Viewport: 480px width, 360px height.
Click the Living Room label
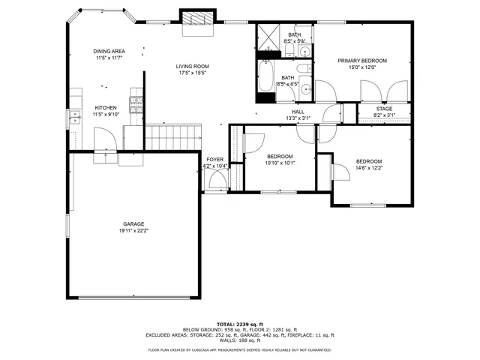click(x=193, y=66)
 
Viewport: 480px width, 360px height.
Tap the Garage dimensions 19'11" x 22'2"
click(x=134, y=231)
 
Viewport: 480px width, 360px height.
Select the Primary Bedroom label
click(x=361, y=61)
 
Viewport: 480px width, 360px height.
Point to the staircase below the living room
click(x=174, y=138)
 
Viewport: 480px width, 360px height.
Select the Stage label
click(x=384, y=109)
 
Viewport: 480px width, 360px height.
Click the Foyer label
click(x=215, y=160)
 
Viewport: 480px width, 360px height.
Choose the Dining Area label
click(x=109, y=51)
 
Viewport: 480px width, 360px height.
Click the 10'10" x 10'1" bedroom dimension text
click(x=280, y=163)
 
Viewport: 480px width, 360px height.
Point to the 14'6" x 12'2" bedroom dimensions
click(x=369, y=168)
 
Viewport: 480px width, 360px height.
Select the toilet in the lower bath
click(x=302, y=69)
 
